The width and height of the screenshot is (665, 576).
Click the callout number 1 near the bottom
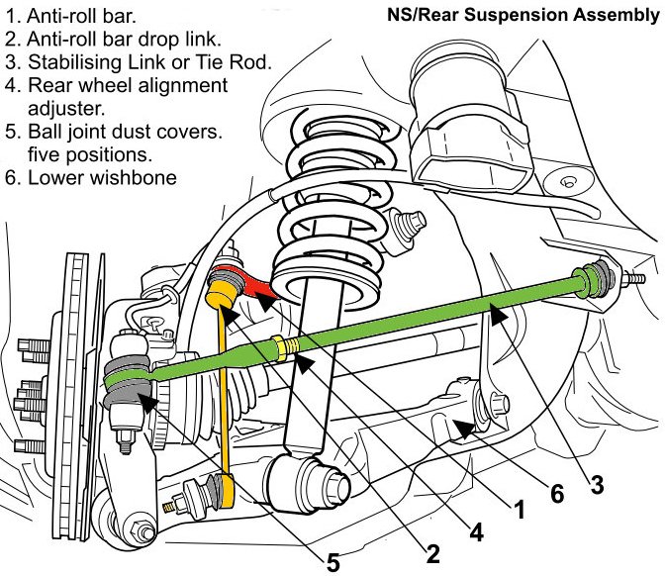(519, 509)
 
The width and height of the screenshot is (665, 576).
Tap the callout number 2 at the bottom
(432, 554)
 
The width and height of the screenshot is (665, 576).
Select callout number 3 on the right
(597, 484)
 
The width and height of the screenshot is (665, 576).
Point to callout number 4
(476, 531)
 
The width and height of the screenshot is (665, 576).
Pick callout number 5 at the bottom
(332, 563)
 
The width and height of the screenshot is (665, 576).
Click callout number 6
(557, 494)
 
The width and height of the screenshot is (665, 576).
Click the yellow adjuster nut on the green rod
(279, 347)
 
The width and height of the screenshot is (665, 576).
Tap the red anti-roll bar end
(250, 280)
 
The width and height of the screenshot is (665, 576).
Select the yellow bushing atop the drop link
(222, 293)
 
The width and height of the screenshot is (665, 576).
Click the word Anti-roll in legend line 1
(62, 16)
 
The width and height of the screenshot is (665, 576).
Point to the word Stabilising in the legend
(74, 62)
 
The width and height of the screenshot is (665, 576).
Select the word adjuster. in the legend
(66, 109)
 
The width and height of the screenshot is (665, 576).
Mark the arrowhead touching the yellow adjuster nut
(305, 363)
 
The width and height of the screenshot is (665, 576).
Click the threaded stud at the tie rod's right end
(633, 279)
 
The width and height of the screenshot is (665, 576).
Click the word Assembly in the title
(616, 16)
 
